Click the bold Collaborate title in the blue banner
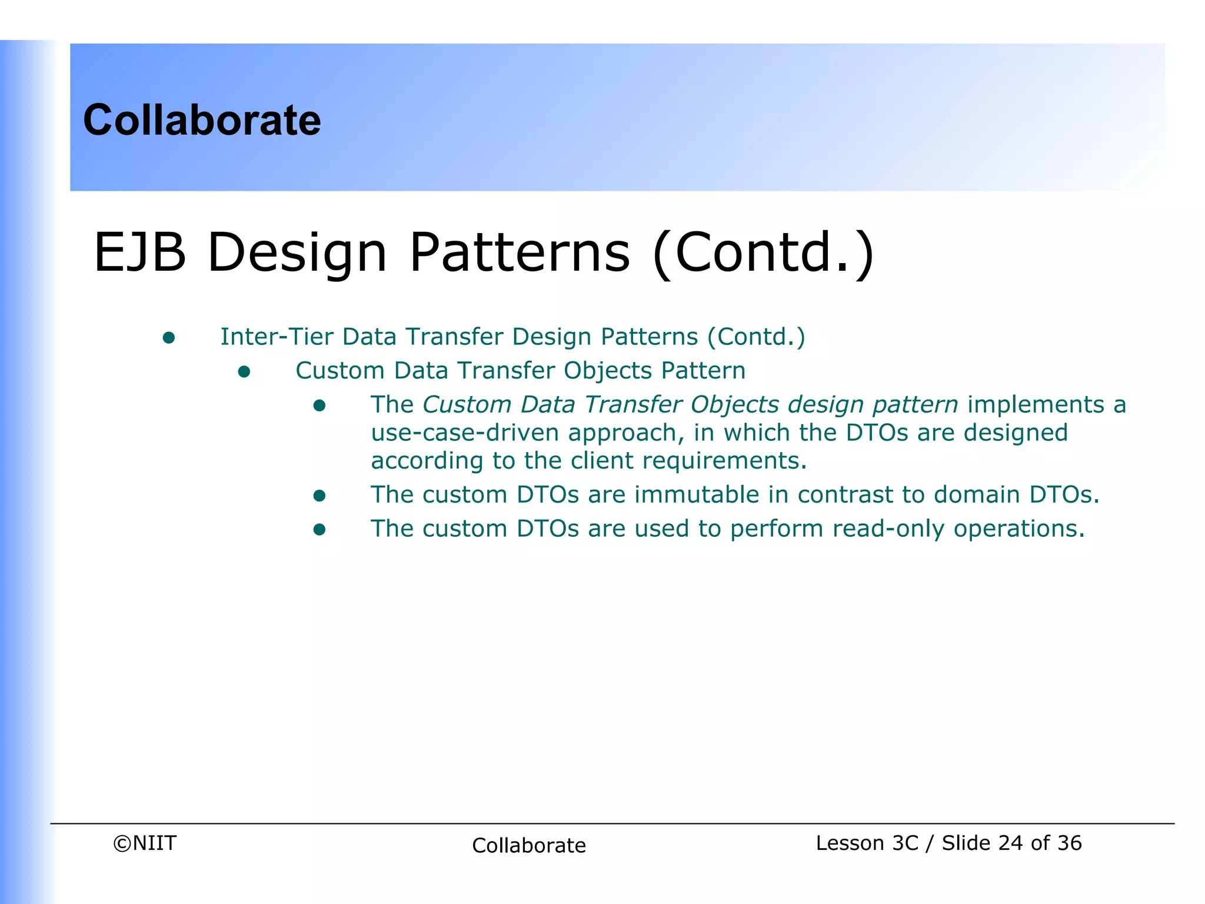click(202, 120)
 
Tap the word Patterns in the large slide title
click(520, 252)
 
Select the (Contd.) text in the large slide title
click(764, 252)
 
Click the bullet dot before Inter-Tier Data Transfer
click(169, 337)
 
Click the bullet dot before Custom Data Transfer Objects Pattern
click(244, 371)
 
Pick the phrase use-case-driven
click(464, 433)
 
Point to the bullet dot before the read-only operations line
click(319, 530)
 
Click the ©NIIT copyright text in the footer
click(145, 843)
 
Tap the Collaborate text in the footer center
click(529, 845)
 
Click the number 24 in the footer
click(1011, 843)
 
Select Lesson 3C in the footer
click(867, 843)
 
